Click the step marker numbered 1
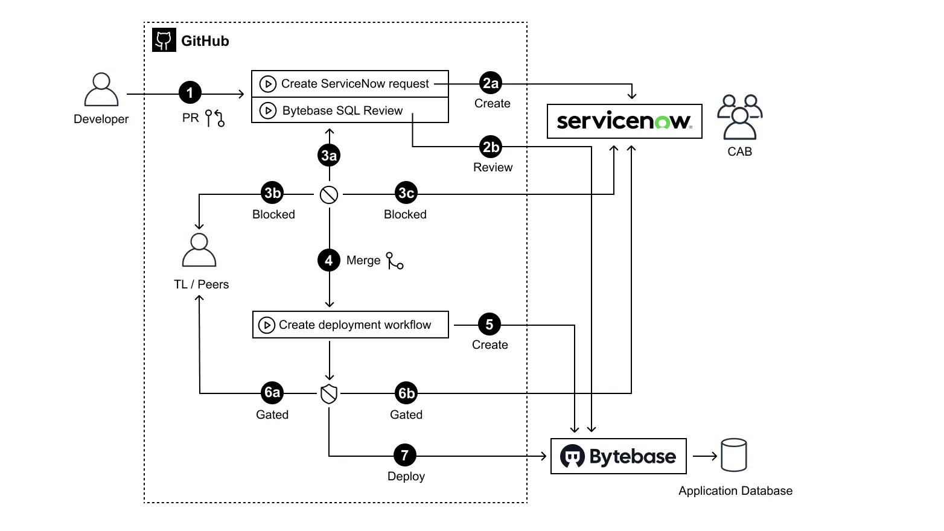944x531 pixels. (190, 93)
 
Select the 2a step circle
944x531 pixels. (491, 83)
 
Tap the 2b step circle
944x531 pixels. (491, 147)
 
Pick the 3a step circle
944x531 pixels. (329, 156)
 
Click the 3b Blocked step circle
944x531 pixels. (272, 193)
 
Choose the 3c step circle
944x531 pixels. (406, 193)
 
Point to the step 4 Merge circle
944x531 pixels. (329, 261)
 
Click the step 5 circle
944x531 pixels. (490, 325)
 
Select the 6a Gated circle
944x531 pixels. (272, 393)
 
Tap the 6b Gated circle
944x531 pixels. (406, 393)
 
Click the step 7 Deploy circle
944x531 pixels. (405, 455)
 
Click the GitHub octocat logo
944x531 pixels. (164, 40)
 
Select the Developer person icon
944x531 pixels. (101, 90)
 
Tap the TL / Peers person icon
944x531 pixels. (199, 250)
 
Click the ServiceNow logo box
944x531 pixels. (624, 121)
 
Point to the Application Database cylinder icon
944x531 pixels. (734, 456)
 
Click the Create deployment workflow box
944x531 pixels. (350, 325)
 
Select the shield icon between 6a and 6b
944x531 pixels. (329, 394)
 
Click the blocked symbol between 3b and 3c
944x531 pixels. (329, 195)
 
